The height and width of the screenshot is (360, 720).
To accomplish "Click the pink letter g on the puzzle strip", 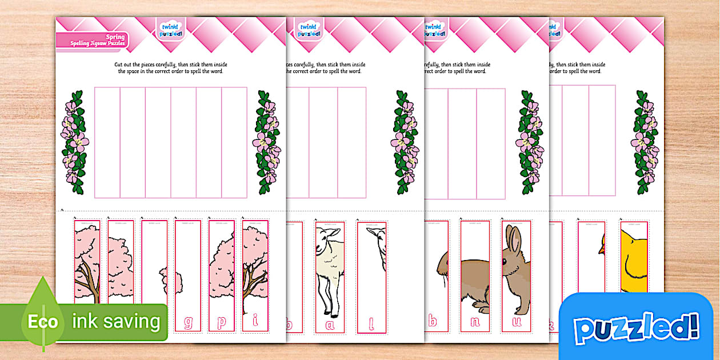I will click(x=188, y=323).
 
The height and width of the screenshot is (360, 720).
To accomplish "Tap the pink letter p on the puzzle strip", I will click(x=222, y=323).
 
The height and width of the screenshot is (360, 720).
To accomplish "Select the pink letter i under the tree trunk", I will click(x=255, y=323).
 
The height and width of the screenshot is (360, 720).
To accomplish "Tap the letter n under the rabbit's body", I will click(x=475, y=322).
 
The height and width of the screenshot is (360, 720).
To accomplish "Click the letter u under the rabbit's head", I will click(x=516, y=322).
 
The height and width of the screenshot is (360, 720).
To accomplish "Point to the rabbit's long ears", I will click(x=514, y=239).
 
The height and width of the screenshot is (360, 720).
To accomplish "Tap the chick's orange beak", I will click(x=602, y=249).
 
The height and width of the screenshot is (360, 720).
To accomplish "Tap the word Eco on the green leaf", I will click(x=43, y=322).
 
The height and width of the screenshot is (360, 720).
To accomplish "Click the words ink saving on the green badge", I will click(x=116, y=321).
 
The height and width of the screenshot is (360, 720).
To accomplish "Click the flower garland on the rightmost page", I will click(x=645, y=142).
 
